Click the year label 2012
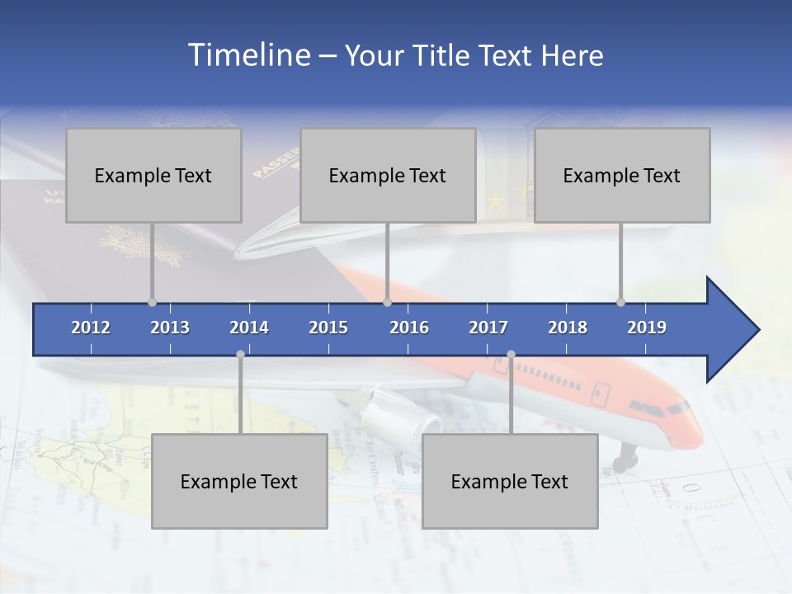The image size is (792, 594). click(x=91, y=328)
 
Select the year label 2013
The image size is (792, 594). click(x=170, y=328)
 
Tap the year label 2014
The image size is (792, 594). click(x=249, y=328)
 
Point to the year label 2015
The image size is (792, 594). click(x=328, y=328)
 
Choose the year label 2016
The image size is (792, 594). click(x=409, y=328)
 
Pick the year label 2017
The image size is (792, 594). click(x=488, y=328)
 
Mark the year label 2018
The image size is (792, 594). click(x=568, y=328)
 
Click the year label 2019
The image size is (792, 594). click(x=647, y=328)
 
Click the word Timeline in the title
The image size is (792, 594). click(x=247, y=55)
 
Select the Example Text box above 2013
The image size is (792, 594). click(x=153, y=175)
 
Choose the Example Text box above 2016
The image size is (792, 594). click(x=388, y=175)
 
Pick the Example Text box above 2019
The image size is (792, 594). click(x=622, y=175)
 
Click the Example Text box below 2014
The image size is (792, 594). click(x=239, y=481)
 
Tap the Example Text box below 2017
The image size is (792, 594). click(x=510, y=481)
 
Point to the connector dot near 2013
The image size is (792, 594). click(x=153, y=303)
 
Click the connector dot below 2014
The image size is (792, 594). click(x=240, y=355)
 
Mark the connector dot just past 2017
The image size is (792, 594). click(x=511, y=355)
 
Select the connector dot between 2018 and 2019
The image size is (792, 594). click(x=621, y=303)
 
